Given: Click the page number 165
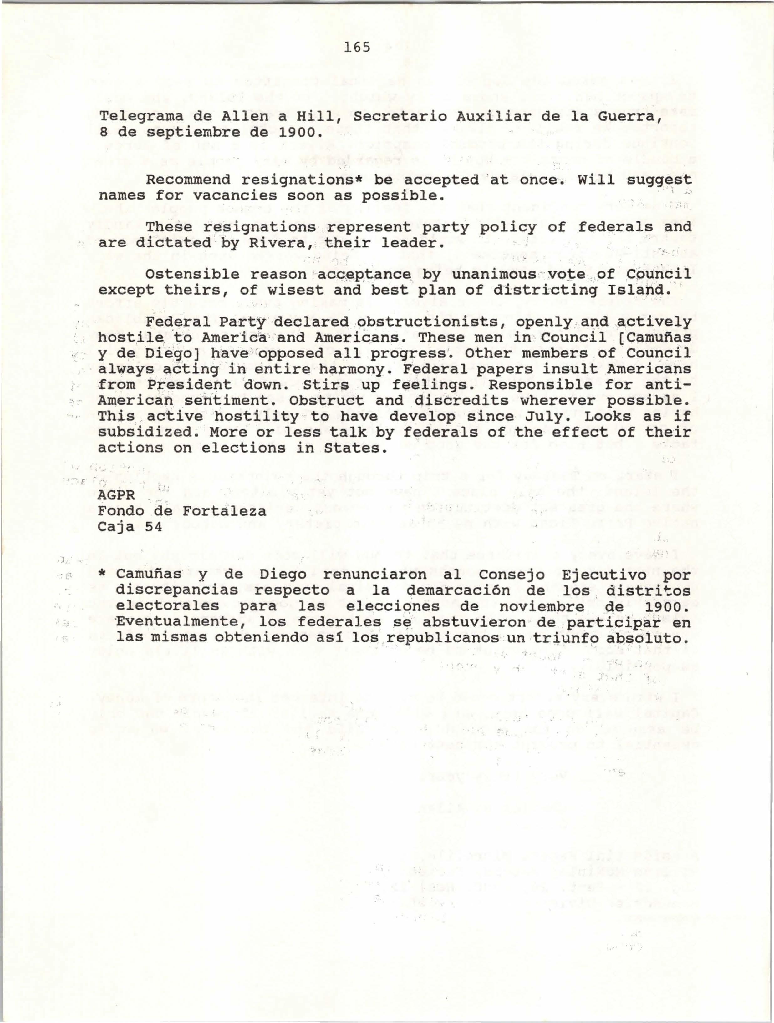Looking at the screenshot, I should coord(357,47).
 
